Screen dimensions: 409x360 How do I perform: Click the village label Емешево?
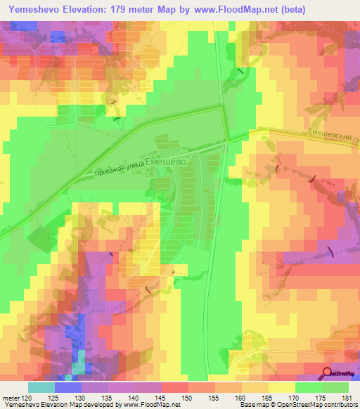pos(165,161)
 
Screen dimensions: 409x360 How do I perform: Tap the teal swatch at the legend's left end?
pos(41,387)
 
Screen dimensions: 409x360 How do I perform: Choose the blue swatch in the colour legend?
pos(68,387)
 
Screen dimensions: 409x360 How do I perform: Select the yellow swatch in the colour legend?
pos(282,387)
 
